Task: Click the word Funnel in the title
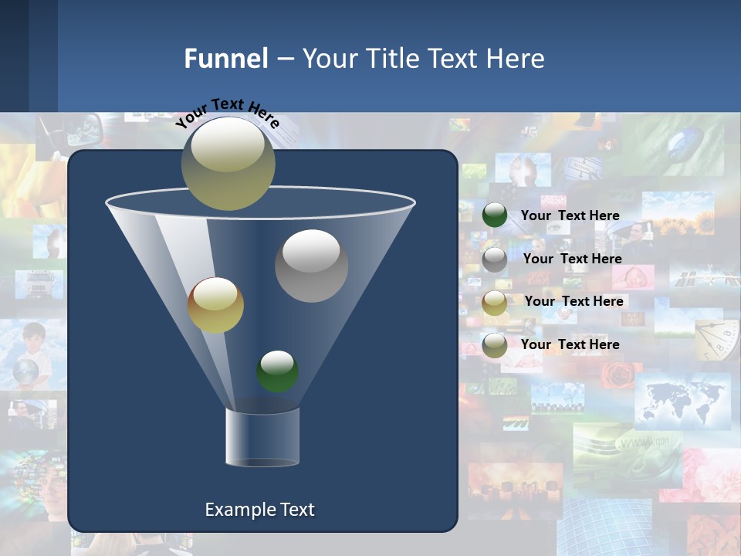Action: click(x=226, y=59)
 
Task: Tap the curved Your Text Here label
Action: click(x=228, y=113)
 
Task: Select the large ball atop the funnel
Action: click(x=228, y=163)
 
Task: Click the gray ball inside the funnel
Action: click(x=311, y=265)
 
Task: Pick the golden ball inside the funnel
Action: click(x=215, y=305)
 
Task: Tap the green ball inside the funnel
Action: click(x=277, y=371)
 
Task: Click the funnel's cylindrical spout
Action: click(x=262, y=437)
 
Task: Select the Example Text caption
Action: click(x=259, y=510)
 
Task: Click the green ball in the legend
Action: click(x=495, y=215)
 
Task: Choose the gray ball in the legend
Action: click(x=495, y=259)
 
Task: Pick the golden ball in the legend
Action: click(x=495, y=302)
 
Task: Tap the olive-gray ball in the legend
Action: click(x=495, y=345)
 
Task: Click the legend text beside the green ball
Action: click(x=570, y=216)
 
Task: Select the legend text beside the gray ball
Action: click(x=572, y=259)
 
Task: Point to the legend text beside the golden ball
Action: click(x=574, y=301)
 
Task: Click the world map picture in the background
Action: click(x=682, y=401)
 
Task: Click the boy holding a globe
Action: click(x=31, y=356)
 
